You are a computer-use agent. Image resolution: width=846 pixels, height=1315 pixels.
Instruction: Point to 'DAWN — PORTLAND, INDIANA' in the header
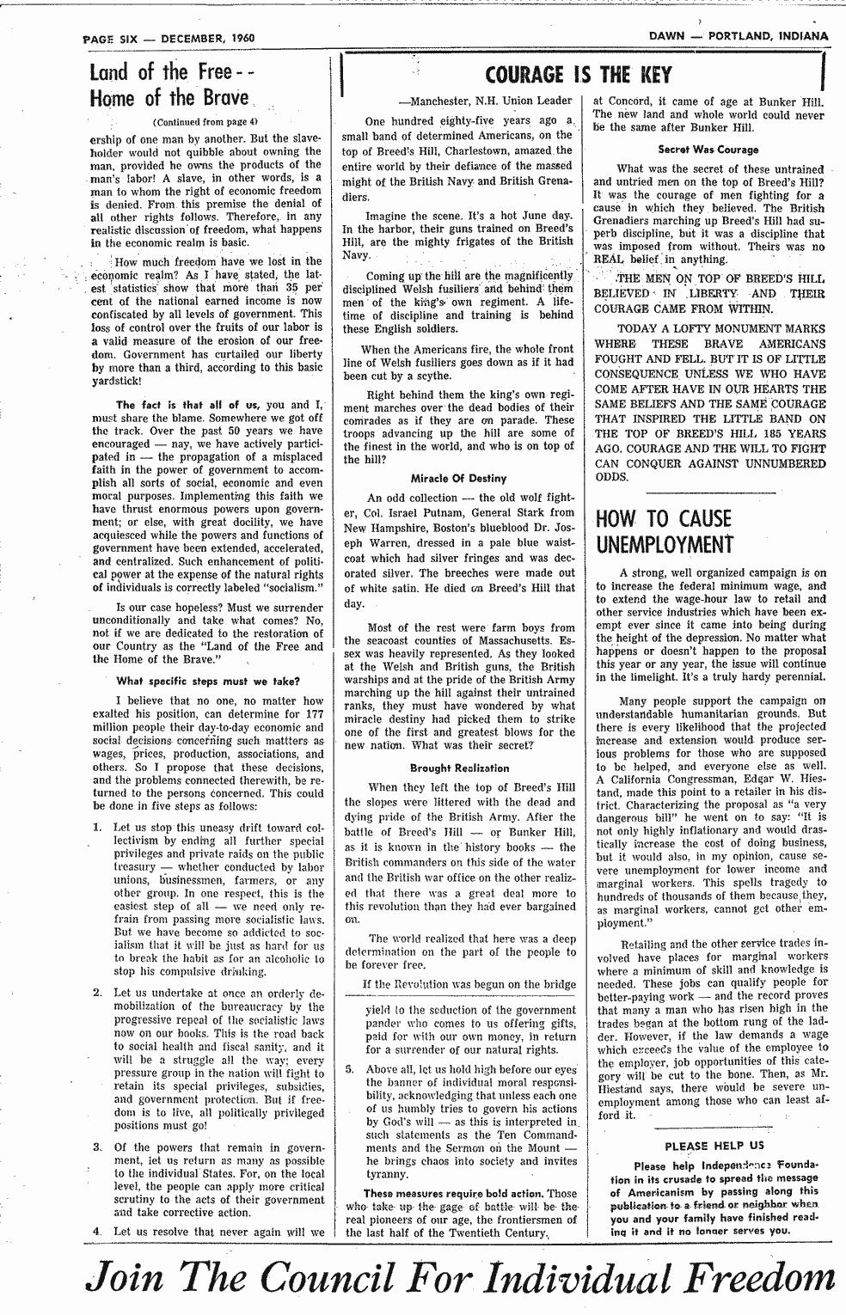coord(739,36)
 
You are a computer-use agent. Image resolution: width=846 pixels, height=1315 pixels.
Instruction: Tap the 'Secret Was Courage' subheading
coord(708,150)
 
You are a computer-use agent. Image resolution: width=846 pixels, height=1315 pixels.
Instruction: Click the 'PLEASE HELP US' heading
coord(714,1145)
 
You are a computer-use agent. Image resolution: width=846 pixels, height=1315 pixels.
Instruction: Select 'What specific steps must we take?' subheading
coord(207,682)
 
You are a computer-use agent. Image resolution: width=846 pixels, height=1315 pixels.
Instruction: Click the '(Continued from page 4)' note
coord(205,121)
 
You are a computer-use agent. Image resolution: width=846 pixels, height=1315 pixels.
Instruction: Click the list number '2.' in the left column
coord(99,994)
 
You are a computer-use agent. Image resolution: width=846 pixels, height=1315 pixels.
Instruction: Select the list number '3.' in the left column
coord(99,1147)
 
